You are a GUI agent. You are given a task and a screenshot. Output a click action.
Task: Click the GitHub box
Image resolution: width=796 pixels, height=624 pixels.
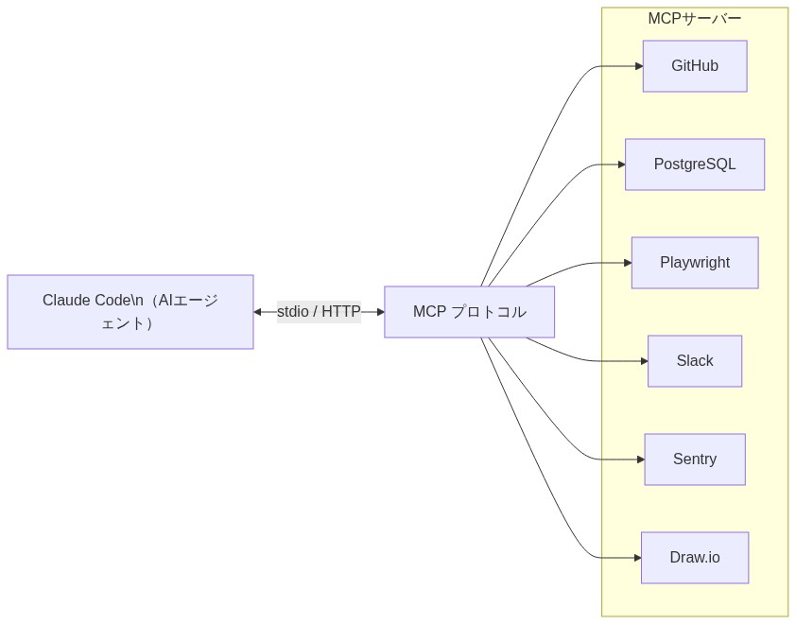(694, 66)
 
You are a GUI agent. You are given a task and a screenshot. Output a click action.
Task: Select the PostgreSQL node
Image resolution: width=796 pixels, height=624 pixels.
(694, 165)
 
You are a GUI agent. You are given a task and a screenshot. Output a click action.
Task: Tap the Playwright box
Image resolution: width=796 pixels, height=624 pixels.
(694, 263)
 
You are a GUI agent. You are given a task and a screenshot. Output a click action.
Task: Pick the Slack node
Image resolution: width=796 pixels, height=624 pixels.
(694, 361)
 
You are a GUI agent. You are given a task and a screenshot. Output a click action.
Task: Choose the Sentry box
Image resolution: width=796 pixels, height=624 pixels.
(694, 459)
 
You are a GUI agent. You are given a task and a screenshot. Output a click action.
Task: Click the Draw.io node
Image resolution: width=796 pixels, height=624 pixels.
(694, 558)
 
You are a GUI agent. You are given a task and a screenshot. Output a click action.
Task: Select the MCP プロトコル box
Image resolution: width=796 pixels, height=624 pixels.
(469, 312)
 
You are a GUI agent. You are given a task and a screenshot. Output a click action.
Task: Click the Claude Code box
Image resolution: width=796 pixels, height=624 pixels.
(130, 312)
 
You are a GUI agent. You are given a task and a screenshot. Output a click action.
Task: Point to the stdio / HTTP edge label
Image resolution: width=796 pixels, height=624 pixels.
(319, 312)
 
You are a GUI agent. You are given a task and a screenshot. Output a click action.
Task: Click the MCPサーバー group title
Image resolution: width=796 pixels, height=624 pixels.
(694, 19)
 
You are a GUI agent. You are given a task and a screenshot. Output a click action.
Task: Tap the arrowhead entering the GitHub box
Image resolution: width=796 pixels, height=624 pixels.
(639, 66)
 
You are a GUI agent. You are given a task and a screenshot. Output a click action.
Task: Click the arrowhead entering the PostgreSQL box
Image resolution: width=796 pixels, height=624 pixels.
(621, 165)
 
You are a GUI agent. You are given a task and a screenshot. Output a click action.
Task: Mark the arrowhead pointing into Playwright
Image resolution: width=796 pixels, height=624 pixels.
(628, 263)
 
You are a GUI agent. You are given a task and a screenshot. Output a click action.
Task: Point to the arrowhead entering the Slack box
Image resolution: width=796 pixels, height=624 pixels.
(644, 361)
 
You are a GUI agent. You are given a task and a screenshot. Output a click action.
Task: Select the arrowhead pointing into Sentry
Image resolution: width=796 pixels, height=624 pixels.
(640, 459)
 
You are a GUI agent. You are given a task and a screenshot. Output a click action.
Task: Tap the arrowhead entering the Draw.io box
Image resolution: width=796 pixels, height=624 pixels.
(637, 558)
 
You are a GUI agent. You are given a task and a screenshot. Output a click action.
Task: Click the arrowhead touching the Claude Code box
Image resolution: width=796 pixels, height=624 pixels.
(258, 312)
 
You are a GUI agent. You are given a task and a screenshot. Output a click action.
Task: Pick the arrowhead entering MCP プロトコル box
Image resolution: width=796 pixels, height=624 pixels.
(380, 312)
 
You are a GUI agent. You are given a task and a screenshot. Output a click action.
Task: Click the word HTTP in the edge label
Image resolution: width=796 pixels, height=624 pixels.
(340, 312)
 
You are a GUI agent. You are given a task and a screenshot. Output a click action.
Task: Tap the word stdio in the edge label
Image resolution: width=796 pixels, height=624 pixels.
(292, 312)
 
